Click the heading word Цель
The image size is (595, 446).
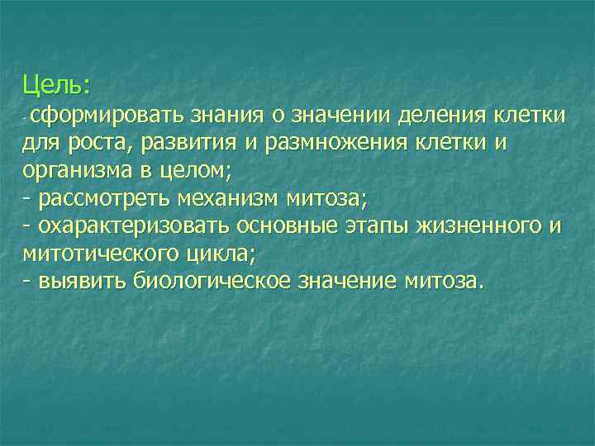(55, 85)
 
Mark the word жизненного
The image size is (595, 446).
(480, 226)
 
